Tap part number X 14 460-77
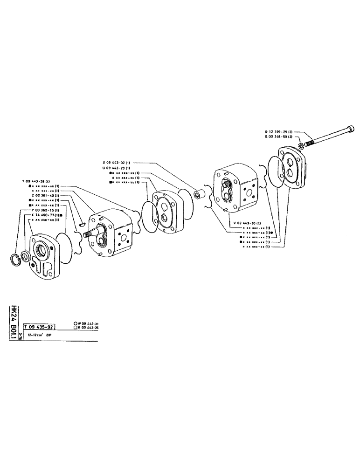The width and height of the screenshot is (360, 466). (46, 215)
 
